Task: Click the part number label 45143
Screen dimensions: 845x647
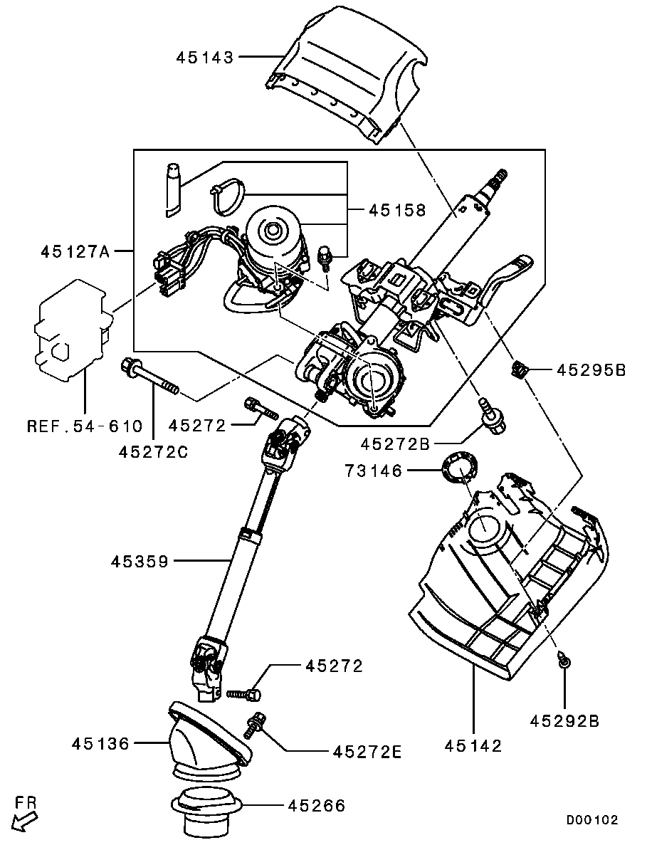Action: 205,58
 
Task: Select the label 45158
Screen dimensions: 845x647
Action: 396,210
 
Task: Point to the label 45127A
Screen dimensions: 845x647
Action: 75,251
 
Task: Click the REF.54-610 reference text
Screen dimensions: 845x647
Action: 85,426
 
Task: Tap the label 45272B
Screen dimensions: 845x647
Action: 396,444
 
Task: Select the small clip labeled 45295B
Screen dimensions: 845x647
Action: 520,369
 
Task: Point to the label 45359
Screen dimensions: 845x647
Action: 140,562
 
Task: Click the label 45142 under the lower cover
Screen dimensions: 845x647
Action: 473,745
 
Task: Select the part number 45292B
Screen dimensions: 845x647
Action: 564,721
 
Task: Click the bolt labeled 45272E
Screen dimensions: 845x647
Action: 254,724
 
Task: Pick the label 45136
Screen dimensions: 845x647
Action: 100,744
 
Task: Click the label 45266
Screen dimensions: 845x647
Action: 316,806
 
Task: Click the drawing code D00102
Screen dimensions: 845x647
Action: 591,820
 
